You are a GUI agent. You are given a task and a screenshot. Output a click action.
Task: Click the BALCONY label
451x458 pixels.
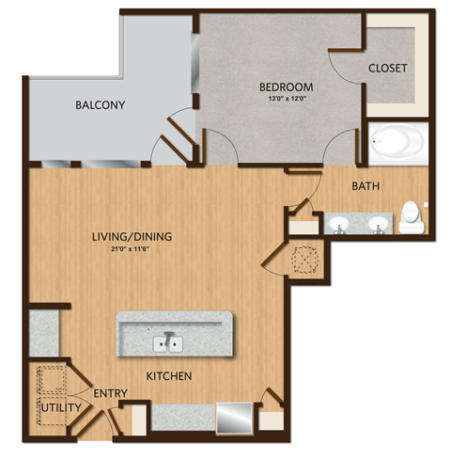[x=101, y=104]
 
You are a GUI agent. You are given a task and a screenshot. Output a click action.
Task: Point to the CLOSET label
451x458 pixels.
[x=387, y=68]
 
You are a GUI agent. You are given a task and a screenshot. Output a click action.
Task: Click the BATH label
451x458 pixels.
[x=365, y=186]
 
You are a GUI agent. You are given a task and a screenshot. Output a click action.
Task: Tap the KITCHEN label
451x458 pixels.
[x=169, y=376]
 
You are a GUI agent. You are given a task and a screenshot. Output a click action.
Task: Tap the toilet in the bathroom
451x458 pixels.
[x=411, y=218]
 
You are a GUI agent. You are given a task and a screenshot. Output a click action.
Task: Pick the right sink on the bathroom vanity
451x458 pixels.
[x=378, y=223]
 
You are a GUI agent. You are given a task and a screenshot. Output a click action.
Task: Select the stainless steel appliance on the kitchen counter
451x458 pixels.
[x=235, y=418]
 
